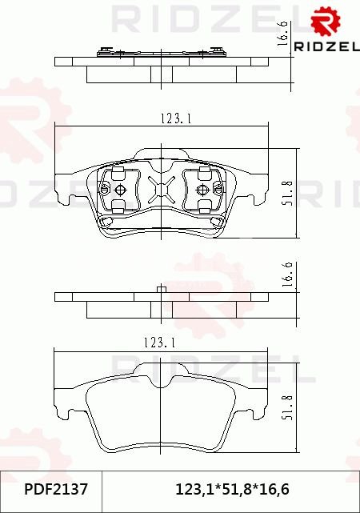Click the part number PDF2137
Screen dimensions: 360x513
click(x=56, y=490)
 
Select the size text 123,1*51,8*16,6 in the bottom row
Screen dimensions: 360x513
click(x=232, y=490)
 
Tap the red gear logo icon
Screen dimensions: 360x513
click(x=325, y=22)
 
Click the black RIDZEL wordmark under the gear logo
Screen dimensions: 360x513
click(x=326, y=46)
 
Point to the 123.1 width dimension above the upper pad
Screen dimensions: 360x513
click(x=176, y=118)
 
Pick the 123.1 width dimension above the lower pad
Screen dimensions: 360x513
click(x=159, y=343)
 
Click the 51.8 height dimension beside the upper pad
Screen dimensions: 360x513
click(x=288, y=193)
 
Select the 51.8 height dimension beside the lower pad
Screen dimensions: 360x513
click(x=288, y=407)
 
